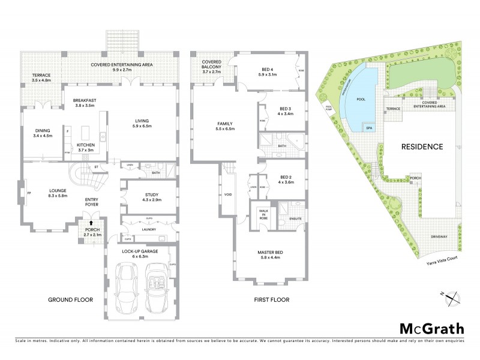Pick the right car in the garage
157,289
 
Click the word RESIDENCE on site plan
422,146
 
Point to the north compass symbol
454,296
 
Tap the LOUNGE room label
57,193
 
